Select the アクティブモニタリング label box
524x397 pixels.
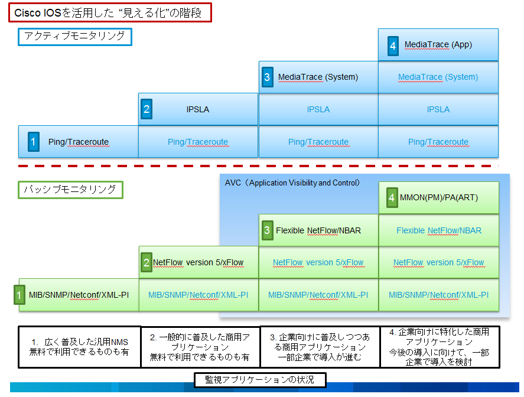(74, 37)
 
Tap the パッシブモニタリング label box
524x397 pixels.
(70, 190)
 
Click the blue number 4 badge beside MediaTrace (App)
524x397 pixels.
(393, 45)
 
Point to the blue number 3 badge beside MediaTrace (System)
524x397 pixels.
(267, 77)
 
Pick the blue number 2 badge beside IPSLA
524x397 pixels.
(147, 109)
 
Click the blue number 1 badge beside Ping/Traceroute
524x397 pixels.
(34, 142)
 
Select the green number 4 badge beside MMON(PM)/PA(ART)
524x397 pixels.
(391, 198)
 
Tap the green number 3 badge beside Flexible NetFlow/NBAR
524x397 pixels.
(267, 230)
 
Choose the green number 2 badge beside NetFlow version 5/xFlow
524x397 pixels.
(147, 262)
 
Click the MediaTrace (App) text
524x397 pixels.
(438, 45)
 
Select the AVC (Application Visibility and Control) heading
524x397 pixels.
(292, 183)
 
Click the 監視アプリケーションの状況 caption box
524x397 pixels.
(260, 379)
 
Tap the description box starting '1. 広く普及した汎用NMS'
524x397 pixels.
(80, 347)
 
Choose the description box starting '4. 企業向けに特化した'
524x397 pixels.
(439, 347)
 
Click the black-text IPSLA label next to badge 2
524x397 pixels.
(198, 109)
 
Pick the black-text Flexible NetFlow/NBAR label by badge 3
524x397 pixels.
(318, 230)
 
